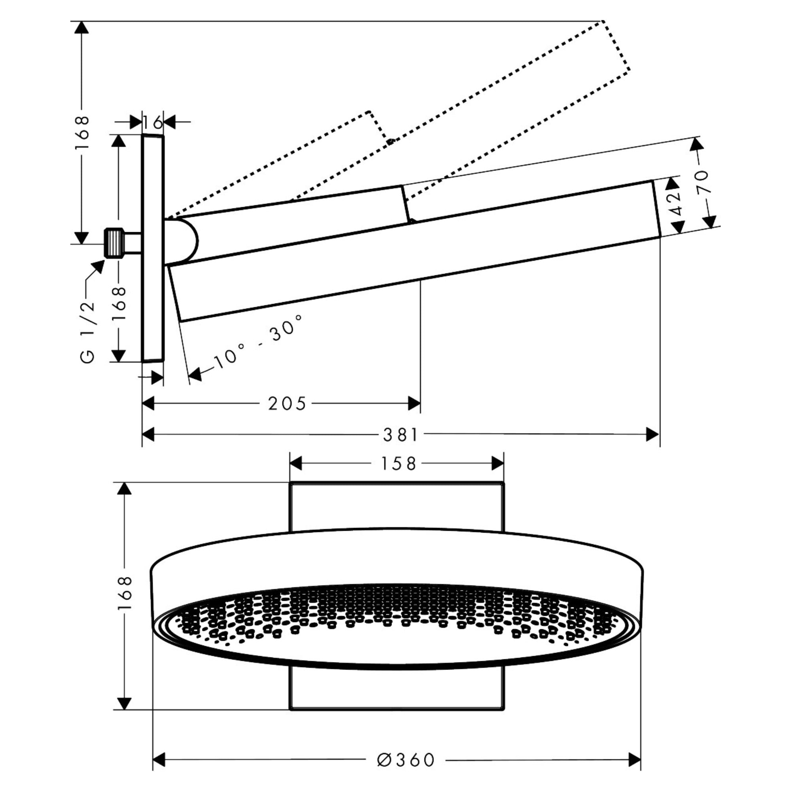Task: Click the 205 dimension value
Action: click(287, 404)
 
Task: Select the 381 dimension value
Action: click(400, 435)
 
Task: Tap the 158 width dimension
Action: click(398, 464)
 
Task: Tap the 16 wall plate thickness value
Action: click(152, 121)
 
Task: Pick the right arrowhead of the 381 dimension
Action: click(652, 434)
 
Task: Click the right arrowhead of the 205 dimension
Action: click(414, 403)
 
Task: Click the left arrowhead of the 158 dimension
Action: click(295, 464)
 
